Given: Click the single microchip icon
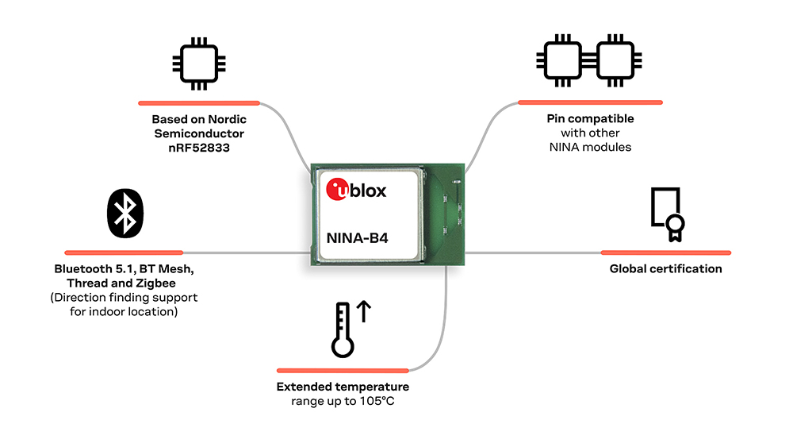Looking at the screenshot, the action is point(199,64).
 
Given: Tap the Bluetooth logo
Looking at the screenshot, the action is point(125,213).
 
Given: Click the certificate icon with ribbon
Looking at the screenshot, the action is point(668,214).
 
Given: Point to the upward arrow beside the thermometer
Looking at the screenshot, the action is point(364,311).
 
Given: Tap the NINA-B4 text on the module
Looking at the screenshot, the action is point(357,238).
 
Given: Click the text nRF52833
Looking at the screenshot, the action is point(199,148).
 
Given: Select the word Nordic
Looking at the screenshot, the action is point(227,119).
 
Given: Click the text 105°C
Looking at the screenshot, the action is point(377,402).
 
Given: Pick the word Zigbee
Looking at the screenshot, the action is point(155,283).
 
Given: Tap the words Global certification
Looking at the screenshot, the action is point(665,269).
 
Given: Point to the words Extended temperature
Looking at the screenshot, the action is point(343,387).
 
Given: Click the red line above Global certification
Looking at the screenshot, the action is point(666,252).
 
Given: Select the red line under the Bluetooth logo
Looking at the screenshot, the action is point(124,252).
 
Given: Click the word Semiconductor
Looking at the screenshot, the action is point(199,133).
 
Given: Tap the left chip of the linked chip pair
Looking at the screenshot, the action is point(561,61).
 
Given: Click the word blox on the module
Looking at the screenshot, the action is point(368,191).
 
